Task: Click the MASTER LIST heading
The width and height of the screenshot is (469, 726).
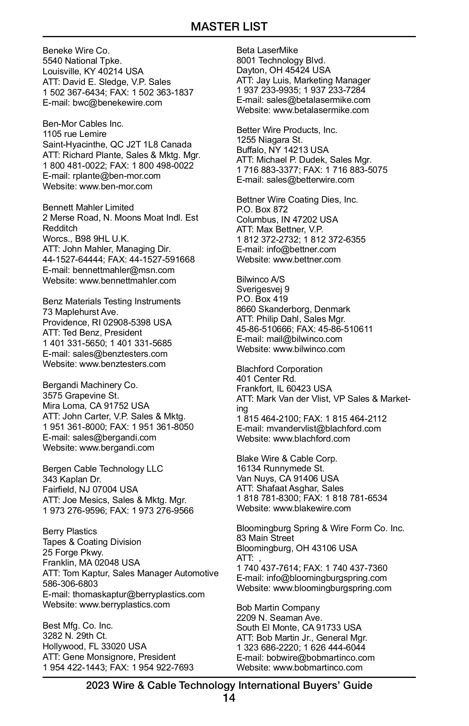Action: [x=229, y=27]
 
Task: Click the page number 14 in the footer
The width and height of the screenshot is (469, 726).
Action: [x=229, y=698]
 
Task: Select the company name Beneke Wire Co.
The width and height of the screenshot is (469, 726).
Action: [x=76, y=50]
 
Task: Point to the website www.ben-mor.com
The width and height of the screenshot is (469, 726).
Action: [x=116, y=186]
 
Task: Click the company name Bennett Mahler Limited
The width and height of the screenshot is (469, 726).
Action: [x=88, y=207]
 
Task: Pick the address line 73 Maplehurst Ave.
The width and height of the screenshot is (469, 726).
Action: [x=81, y=312]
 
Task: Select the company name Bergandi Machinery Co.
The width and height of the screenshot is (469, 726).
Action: [x=90, y=385]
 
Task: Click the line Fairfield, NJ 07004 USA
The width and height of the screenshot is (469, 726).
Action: [x=90, y=489]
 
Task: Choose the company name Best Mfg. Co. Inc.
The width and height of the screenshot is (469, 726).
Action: [x=78, y=625]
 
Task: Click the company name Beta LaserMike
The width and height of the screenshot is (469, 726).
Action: [x=267, y=50]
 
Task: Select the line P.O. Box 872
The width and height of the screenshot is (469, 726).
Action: [x=262, y=209]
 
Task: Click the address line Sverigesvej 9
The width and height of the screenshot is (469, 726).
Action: [x=263, y=289]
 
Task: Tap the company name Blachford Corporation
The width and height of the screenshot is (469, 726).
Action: [x=279, y=369]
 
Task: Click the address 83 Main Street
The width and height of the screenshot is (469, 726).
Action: [x=265, y=538]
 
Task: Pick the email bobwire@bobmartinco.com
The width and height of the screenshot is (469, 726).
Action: [x=320, y=658]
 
